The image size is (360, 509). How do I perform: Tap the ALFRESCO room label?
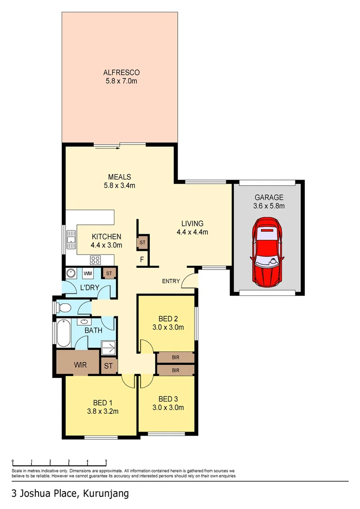pyautogui.click(x=122, y=73)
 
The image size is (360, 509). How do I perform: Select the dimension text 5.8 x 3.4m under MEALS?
pyautogui.click(x=119, y=185)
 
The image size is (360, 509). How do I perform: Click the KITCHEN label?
pyautogui.click(x=106, y=237)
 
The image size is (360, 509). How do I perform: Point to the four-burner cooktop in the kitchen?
pyautogui.click(x=96, y=259)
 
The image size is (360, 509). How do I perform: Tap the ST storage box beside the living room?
pyautogui.click(x=142, y=243)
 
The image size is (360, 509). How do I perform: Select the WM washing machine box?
pyautogui.click(x=88, y=273)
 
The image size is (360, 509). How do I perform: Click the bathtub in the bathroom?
pyautogui.click(x=63, y=334)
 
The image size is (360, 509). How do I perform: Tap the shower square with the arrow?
pyautogui.click(x=108, y=349)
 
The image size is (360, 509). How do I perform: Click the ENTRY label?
pyautogui.click(x=171, y=281)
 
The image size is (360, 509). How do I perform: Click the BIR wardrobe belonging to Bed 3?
pyautogui.click(x=175, y=370)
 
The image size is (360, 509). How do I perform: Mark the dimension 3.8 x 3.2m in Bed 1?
pyautogui.click(x=102, y=411)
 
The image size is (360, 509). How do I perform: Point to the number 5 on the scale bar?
pyautogui.click(x=106, y=461)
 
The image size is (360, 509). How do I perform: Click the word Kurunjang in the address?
pyautogui.click(x=106, y=493)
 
